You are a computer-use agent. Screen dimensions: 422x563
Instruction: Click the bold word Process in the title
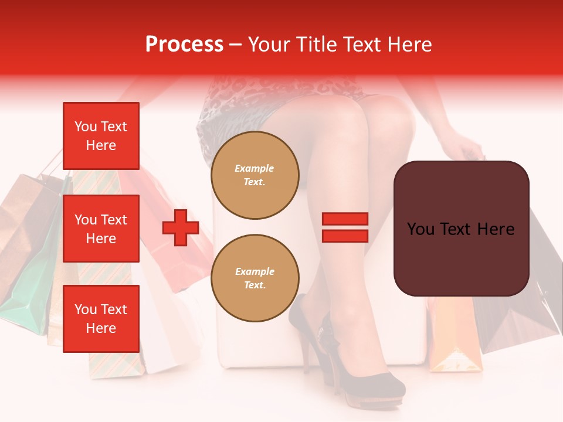[x=184, y=45]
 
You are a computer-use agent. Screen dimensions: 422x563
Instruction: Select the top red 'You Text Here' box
[x=101, y=136]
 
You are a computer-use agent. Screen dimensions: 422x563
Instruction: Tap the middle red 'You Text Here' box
[x=101, y=229]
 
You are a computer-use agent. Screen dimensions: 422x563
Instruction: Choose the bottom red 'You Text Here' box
[x=101, y=318]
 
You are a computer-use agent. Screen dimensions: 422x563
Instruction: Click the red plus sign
[x=181, y=227]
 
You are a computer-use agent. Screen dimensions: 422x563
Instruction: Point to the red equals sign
[x=345, y=227]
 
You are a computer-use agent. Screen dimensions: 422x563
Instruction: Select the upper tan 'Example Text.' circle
[x=255, y=175]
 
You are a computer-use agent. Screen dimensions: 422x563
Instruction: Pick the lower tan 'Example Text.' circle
[x=255, y=278]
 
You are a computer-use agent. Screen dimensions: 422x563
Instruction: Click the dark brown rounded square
[x=461, y=229]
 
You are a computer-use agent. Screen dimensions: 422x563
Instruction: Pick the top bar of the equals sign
[x=345, y=219]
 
